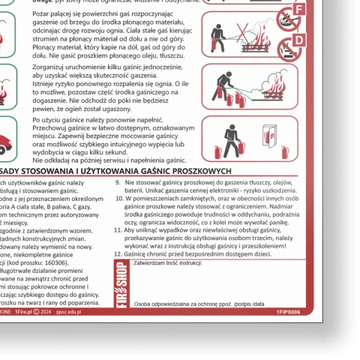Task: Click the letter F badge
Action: point(299,9)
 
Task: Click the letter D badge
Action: point(299,39)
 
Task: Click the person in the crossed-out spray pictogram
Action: point(217,32)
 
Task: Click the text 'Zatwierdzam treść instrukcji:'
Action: point(167,263)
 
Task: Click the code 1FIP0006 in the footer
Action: point(287,310)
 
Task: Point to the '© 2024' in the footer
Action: point(43,310)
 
